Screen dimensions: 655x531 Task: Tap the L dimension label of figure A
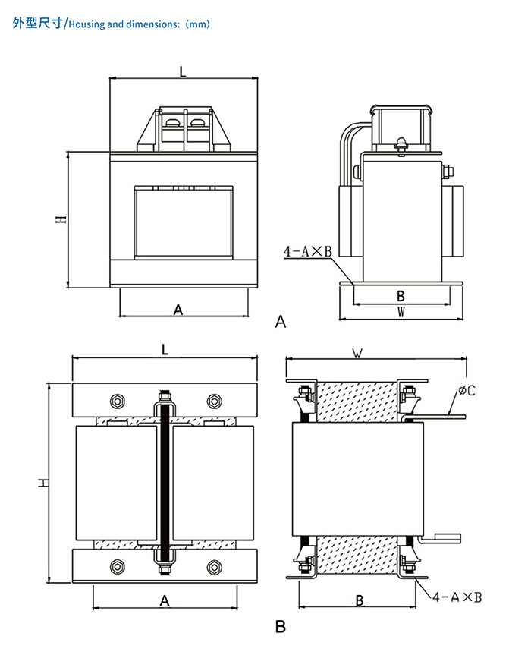(x=183, y=71)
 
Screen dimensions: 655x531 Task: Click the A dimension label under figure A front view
(x=179, y=310)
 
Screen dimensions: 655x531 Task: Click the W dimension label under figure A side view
(x=401, y=311)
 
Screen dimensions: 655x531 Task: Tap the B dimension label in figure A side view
(x=401, y=295)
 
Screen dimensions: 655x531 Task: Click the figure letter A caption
(x=281, y=322)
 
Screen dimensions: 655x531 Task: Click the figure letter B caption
(x=281, y=628)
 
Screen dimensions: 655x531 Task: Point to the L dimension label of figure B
(x=165, y=349)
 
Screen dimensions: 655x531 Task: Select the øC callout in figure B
(x=467, y=392)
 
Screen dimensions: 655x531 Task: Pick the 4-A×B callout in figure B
(x=458, y=597)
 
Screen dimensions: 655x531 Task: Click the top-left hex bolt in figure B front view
(x=118, y=401)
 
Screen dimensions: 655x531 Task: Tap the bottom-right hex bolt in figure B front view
(x=214, y=566)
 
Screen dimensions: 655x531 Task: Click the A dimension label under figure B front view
(x=165, y=600)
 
